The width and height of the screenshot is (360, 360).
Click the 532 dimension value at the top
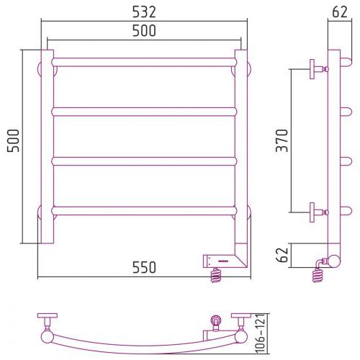coord(144,12)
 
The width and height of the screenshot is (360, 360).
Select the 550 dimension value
coord(144,267)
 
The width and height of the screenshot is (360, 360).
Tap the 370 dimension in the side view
coord(282,140)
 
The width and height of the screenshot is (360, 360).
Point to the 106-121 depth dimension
coord(260,333)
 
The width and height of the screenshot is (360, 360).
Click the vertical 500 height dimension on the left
coord(13,140)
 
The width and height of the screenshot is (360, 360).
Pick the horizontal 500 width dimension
coord(144,30)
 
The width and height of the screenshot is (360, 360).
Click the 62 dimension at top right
coord(340,12)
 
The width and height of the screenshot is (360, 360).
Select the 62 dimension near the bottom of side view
coord(282,255)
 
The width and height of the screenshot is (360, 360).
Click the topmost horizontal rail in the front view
coord(144,62)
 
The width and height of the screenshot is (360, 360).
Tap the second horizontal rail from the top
coord(144,112)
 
